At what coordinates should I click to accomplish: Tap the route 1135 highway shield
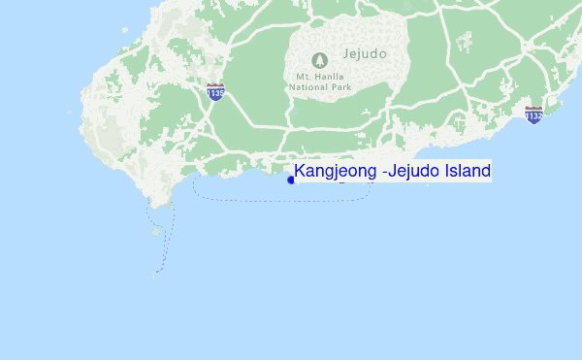(x=215, y=92)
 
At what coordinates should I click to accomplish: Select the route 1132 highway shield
(x=533, y=114)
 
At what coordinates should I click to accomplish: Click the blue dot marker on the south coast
(x=291, y=180)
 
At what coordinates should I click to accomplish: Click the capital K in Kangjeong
(x=301, y=172)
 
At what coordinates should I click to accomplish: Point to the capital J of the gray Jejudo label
(x=344, y=55)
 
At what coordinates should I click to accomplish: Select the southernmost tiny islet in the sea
(x=153, y=275)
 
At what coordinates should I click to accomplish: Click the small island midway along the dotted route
(x=156, y=232)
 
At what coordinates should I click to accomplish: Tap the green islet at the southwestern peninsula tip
(x=167, y=205)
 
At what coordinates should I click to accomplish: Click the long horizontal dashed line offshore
(x=281, y=199)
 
